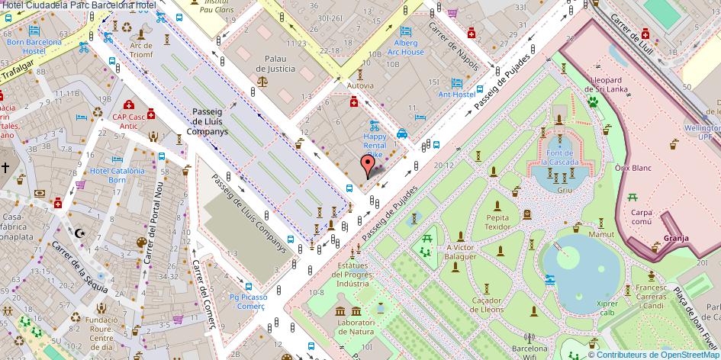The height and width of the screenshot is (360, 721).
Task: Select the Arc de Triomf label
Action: pos(141,50)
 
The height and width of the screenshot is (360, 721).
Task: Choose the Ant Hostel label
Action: pos(456,94)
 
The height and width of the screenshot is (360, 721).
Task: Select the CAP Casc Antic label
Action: pos(129,121)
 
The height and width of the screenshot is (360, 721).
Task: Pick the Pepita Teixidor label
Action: pos(497,222)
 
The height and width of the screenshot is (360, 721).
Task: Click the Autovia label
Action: pos(360,86)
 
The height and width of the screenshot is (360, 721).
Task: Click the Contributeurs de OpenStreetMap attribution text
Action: pos(658,354)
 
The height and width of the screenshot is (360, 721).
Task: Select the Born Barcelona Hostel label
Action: pos(34,46)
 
